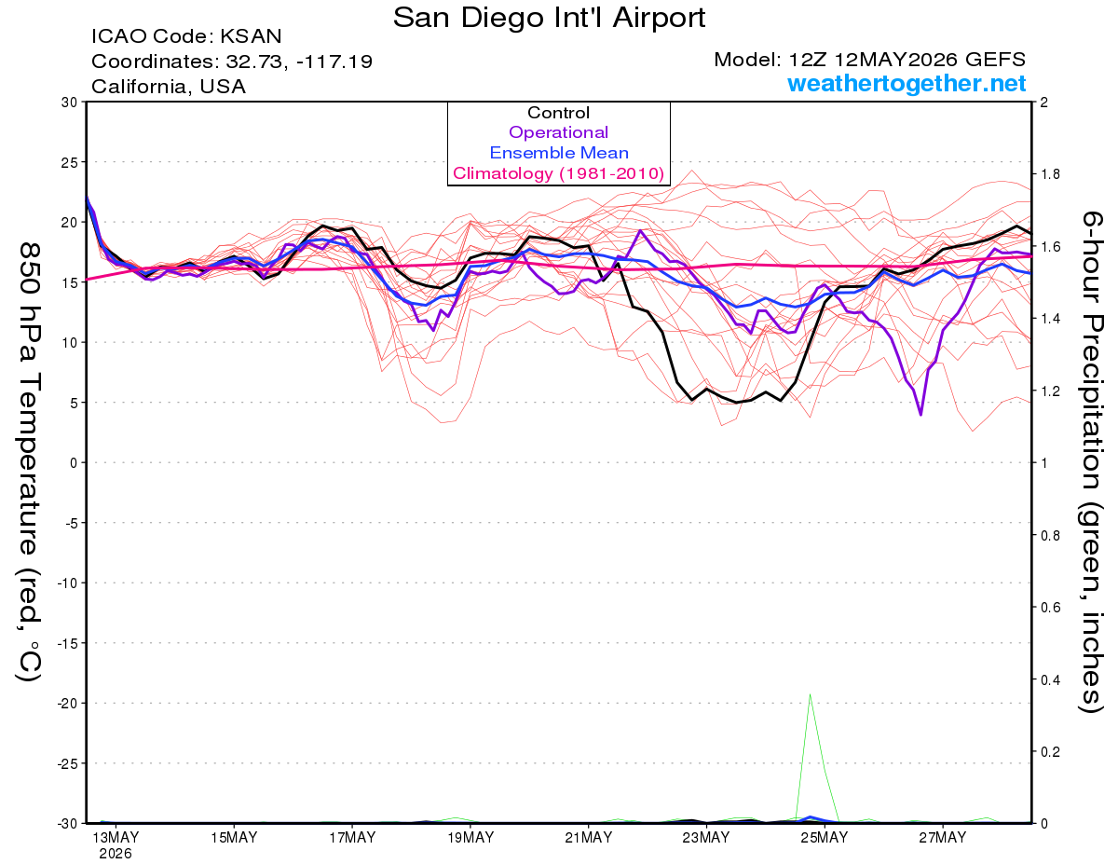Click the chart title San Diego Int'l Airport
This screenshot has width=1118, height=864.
(x=549, y=18)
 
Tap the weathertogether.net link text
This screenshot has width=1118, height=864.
(x=907, y=83)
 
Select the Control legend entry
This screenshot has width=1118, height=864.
(x=558, y=113)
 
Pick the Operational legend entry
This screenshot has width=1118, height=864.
(x=558, y=132)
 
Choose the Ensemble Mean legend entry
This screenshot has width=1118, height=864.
(x=559, y=153)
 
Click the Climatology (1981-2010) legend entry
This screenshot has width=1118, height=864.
(x=559, y=173)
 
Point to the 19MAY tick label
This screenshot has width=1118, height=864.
(x=470, y=838)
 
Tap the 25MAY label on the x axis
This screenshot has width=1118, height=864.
(x=825, y=838)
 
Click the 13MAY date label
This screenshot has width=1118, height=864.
(x=116, y=838)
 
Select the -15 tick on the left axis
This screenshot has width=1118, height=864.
(x=67, y=643)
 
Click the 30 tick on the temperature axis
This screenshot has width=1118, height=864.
(x=70, y=103)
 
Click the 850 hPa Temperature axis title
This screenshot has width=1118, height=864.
(x=29, y=462)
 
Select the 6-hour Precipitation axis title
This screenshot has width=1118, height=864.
(x=1091, y=461)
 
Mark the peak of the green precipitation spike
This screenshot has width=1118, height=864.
(x=810, y=694)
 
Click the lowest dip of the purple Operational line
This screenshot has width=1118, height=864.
(x=920, y=414)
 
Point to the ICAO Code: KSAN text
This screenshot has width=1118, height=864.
(x=186, y=36)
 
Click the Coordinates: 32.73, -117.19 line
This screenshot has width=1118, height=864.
(x=232, y=62)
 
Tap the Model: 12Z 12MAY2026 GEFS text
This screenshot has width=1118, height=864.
(x=869, y=60)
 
